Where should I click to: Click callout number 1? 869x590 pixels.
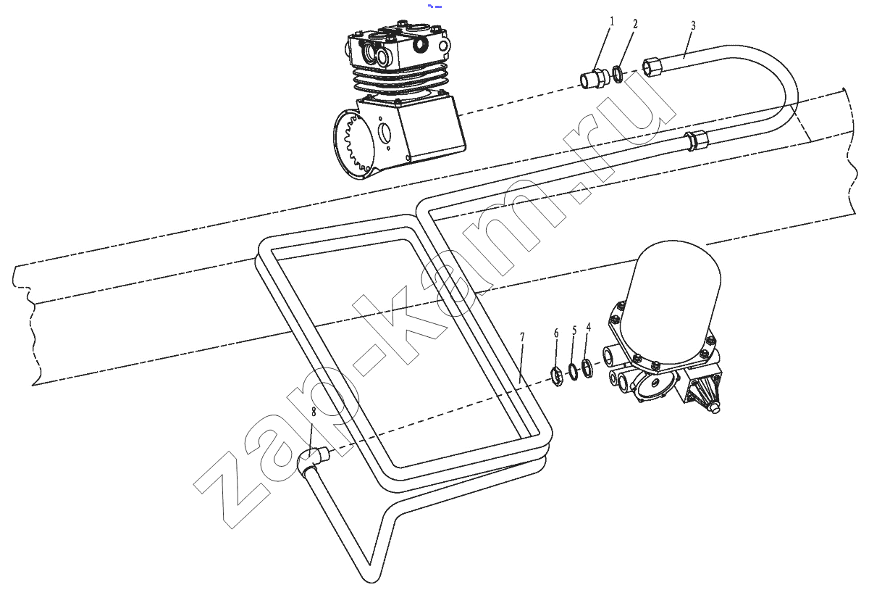pyautogui.click(x=612, y=21)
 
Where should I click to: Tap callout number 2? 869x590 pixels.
pyautogui.click(x=635, y=24)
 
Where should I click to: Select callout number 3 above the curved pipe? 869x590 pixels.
pyautogui.click(x=693, y=25)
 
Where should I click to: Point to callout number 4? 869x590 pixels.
pyautogui.click(x=589, y=327)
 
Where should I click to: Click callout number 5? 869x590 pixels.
pyautogui.click(x=574, y=331)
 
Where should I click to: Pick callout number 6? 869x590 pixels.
pyautogui.click(x=556, y=333)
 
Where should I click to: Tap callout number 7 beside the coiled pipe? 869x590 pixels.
pyautogui.click(x=522, y=337)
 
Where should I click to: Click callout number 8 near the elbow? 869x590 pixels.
pyautogui.click(x=314, y=412)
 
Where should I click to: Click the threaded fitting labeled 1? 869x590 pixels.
pyautogui.click(x=594, y=79)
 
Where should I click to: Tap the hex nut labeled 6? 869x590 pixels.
pyautogui.click(x=556, y=376)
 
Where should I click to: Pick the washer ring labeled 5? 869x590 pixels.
pyautogui.click(x=574, y=372)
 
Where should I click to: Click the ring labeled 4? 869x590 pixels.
pyautogui.click(x=587, y=369)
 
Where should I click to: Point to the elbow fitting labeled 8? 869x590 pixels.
pyautogui.click(x=311, y=460)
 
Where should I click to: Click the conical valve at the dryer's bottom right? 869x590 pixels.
pyautogui.click(x=703, y=395)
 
